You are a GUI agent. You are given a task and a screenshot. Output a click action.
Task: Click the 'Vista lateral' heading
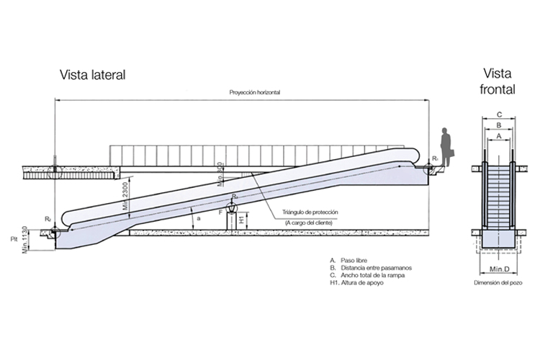click(94, 74)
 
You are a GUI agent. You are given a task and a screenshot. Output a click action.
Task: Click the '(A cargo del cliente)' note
click(308, 223)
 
